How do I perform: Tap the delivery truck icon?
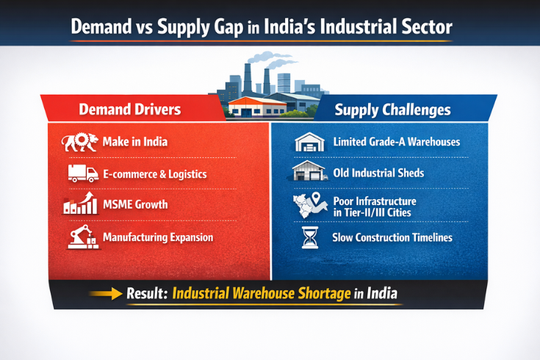point(82,173)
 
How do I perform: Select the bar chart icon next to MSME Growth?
point(81,204)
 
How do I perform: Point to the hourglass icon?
point(309,237)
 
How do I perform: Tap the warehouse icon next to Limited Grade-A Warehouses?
point(309,142)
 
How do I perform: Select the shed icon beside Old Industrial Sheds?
point(309,173)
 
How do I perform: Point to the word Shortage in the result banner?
point(309,292)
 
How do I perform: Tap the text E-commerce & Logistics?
point(155,174)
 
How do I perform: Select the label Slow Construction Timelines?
point(392,237)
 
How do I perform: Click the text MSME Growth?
point(135,205)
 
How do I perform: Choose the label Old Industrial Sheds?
point(378,174)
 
